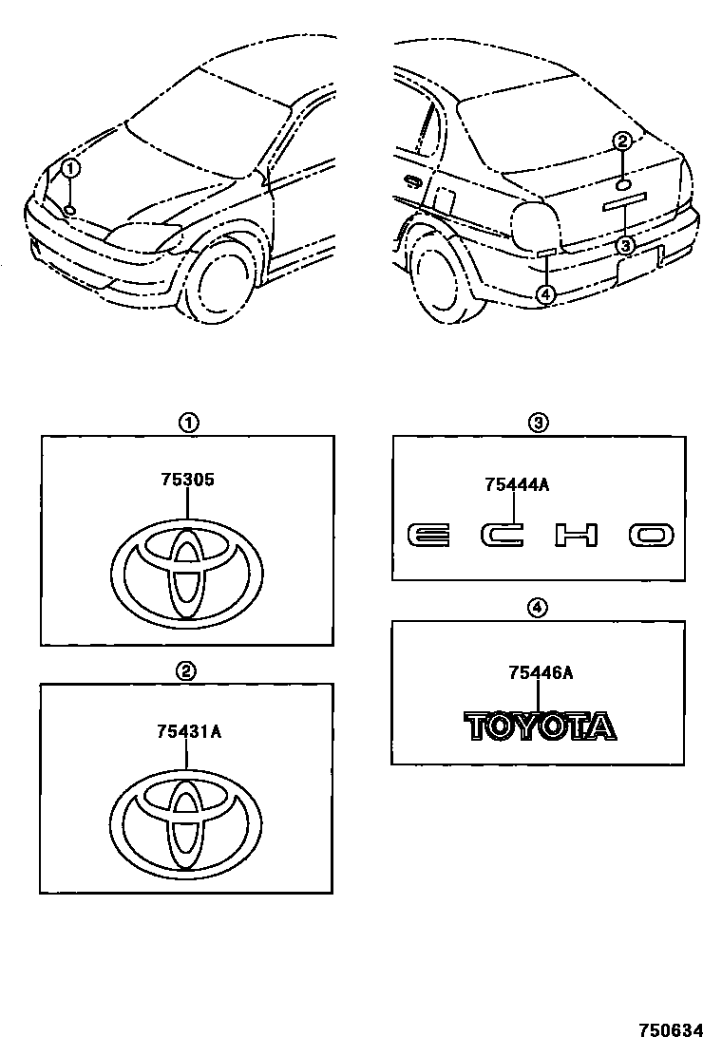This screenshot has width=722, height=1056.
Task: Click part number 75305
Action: coord(187,480)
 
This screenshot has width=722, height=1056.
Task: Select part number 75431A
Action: coord(189,731)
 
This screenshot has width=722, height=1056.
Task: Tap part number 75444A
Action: coord(517,485)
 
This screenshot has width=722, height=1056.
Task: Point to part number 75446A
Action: coord(540,673)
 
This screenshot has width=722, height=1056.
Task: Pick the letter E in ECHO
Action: coord(428,535)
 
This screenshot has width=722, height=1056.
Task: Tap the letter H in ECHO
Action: coord(577,535)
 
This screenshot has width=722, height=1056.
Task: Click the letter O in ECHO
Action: coord(651,535)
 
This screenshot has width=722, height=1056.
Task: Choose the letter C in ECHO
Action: coord(503,535)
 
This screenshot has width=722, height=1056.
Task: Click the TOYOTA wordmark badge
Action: coord(539,726)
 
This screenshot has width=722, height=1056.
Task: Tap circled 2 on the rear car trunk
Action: coord(621,142)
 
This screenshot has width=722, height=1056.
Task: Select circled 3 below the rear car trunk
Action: coord(624,245)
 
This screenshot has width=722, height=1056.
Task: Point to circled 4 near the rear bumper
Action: coord(544,293)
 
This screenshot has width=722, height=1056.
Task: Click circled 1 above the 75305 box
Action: coord(189,424)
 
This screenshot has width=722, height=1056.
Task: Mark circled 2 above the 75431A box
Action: coord(187,671)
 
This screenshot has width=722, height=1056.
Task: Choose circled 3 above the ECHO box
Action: coord(538,424)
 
